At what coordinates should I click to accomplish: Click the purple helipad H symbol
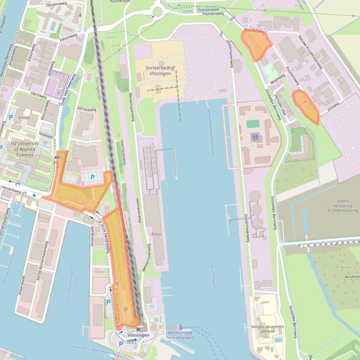tap(255, 137)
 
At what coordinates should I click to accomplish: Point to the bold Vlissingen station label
tap(138, 335)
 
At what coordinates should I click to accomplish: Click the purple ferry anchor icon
tap(180, 326)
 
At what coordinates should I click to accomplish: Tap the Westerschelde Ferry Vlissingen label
tap(180, 335)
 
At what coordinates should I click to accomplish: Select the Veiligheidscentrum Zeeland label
tap(267, 330)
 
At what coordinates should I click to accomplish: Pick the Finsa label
tap(157, 233)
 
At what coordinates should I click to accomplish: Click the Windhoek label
tap(352, 277)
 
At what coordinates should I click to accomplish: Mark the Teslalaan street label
tap(45, 134)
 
